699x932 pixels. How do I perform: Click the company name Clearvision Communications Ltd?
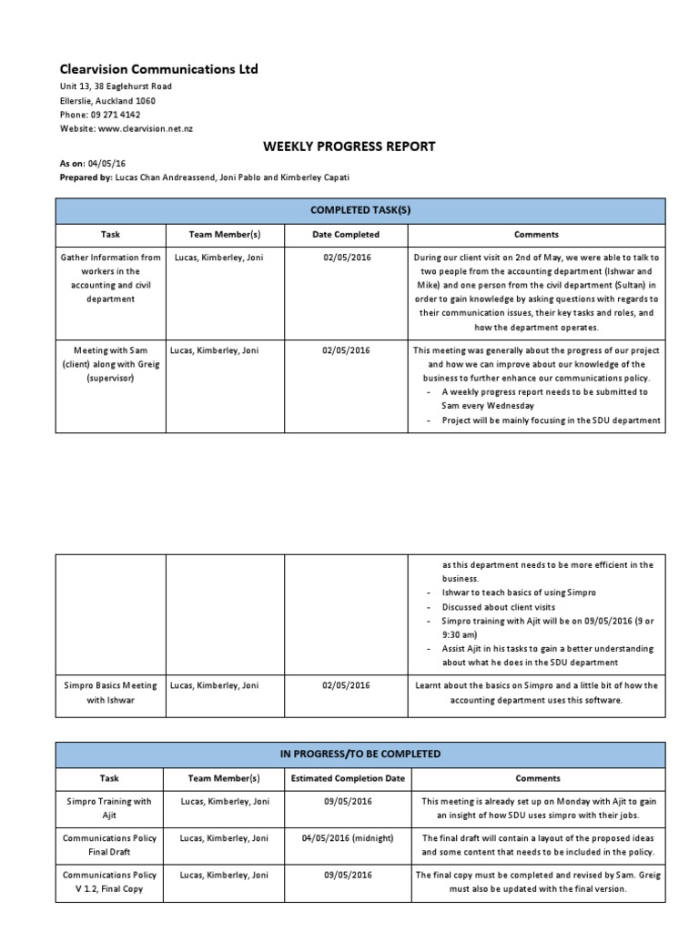(x=158, y=69)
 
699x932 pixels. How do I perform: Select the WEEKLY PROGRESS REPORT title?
(x=349, y=146)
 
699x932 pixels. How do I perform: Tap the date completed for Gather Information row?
(x=346, y=258)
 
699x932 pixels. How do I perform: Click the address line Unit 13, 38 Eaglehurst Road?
(x=116, y=86)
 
